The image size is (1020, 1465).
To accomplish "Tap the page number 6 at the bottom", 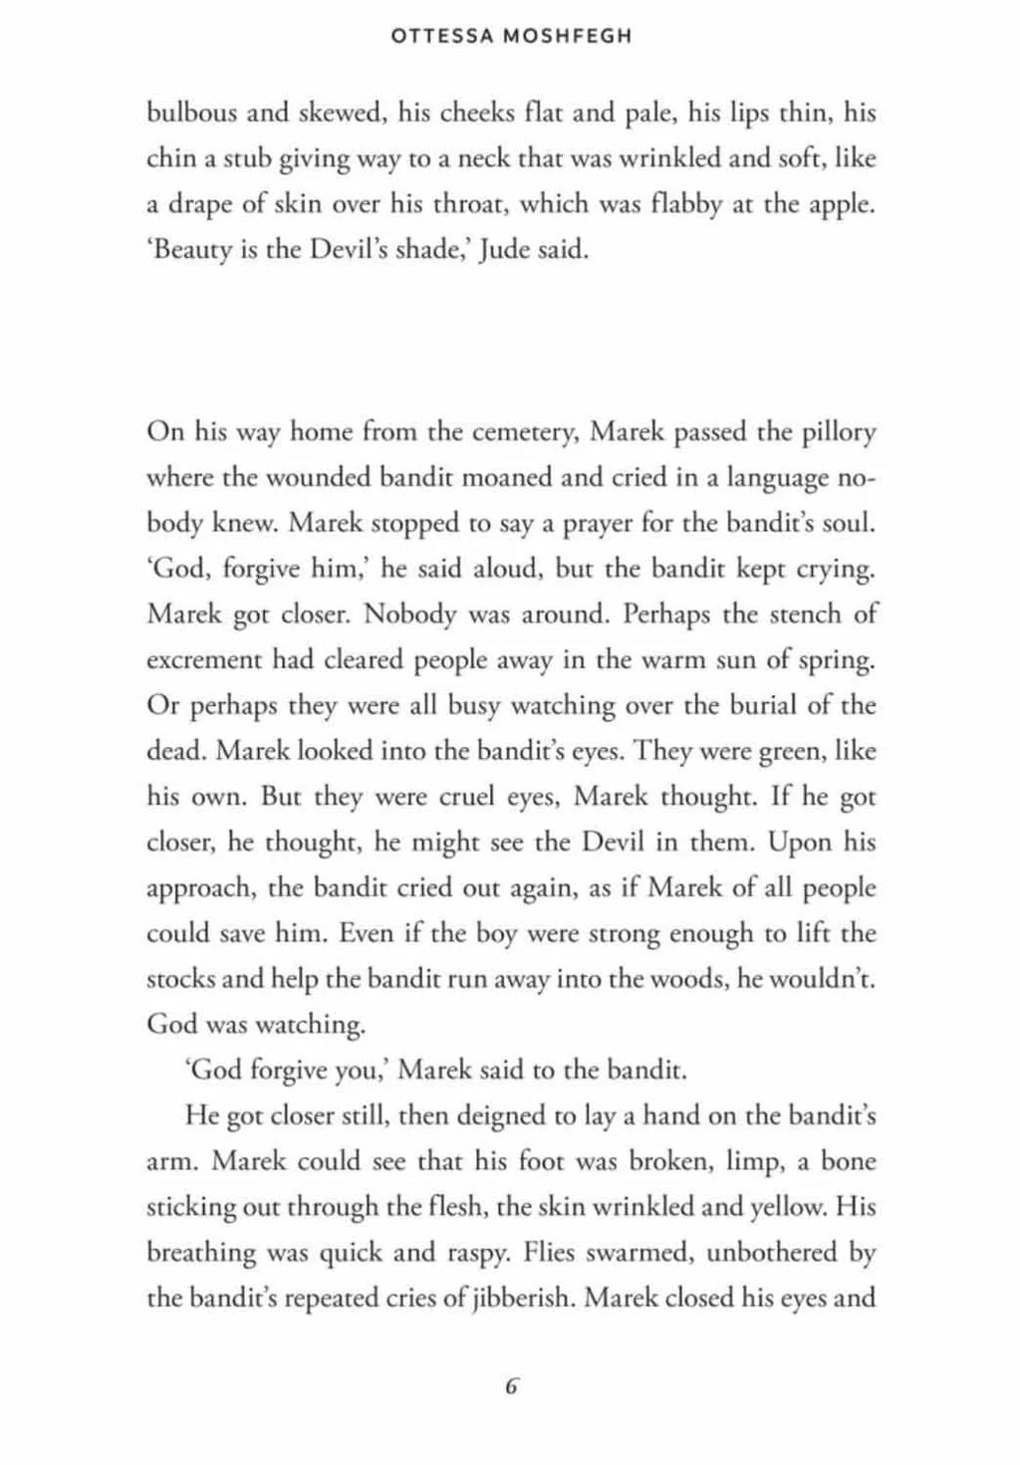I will (512, 1386).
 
